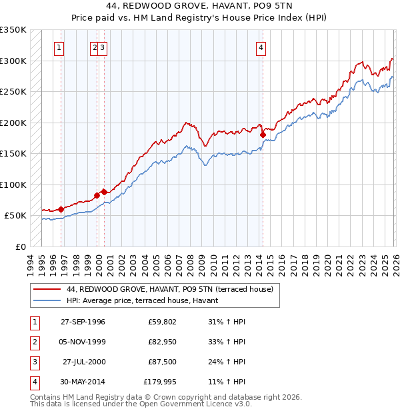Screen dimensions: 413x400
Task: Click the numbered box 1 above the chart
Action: coord(60,47)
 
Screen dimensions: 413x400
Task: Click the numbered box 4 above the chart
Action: coord(261,47)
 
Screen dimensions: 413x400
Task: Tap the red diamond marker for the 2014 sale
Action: coord(263,135)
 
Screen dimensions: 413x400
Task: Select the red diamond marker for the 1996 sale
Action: coord(61,209)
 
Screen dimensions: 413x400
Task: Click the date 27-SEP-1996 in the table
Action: coord(83,322)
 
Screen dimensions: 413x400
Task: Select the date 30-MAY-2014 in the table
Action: coord(83,382)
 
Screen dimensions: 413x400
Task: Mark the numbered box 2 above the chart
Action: coord(95,47)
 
